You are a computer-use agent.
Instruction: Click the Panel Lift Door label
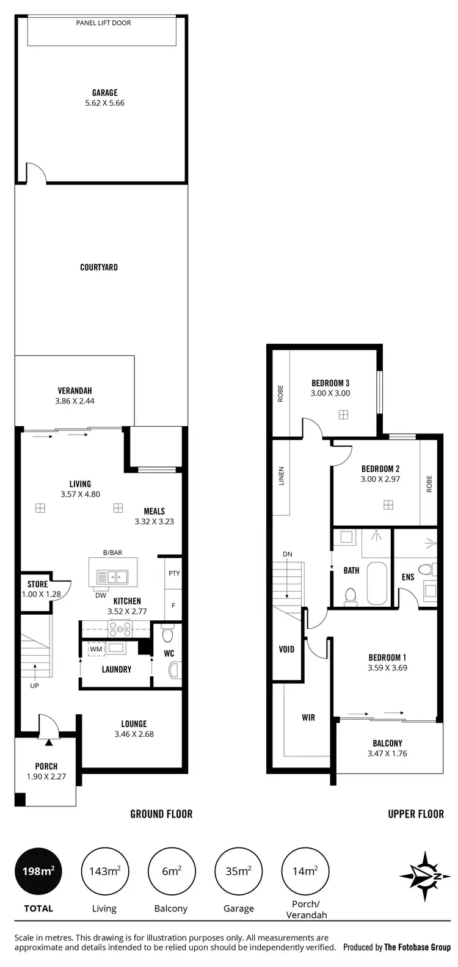point(103,23)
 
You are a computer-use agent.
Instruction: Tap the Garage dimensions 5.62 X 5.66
point(105,103)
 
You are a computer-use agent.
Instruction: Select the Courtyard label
point(99,267)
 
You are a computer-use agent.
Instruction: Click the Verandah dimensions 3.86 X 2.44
point(75,401)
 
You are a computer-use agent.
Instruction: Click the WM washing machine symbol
point(96,648)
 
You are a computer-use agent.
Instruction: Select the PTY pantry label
point(173,573)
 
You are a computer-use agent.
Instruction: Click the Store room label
point(37,584)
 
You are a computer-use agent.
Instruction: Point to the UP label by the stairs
point(35,686)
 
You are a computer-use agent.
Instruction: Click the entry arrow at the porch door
point(48,742)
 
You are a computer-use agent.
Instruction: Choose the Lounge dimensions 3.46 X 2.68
point(134,734)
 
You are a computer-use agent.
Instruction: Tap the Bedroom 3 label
point(330,383)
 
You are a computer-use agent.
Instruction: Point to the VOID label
point(286,649)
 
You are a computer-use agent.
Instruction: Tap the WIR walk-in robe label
point(308,717)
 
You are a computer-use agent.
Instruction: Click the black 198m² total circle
point(38,871)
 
